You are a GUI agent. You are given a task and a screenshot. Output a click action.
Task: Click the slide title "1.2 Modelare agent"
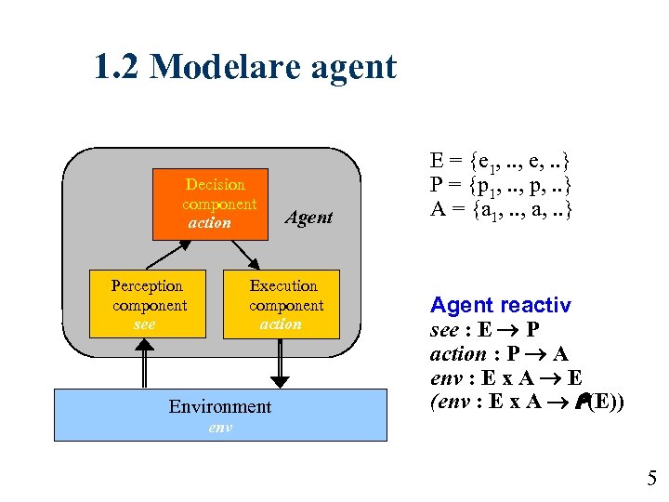click(244, 67)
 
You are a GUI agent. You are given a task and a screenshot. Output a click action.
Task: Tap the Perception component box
click(148, 304)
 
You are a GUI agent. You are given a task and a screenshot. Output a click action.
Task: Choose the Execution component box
click(283, 304)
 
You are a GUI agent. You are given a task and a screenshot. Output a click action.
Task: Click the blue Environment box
click(220, 413)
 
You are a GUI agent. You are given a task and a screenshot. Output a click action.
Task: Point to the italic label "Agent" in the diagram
click(308, 218)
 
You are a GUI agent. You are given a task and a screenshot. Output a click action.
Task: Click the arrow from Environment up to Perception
click(145, 363)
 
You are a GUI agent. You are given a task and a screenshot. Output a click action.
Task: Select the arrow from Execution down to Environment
click(280, 363)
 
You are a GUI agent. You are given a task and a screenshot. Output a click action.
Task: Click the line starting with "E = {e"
click(500, 160)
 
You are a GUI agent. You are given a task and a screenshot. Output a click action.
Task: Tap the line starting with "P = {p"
click(500, 184)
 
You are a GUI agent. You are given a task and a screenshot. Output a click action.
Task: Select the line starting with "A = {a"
click(500, 209)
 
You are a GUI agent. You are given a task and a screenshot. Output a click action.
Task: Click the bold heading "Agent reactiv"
click(500, 305)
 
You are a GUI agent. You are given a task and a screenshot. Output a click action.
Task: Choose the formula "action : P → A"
click(499, 354)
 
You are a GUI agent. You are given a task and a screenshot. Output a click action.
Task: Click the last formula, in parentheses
click(526, 403)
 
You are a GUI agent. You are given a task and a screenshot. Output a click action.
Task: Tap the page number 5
click(651, 479)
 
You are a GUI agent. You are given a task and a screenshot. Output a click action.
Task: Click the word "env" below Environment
click(220, 429)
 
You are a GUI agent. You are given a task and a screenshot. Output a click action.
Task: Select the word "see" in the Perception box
click(145, 324)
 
